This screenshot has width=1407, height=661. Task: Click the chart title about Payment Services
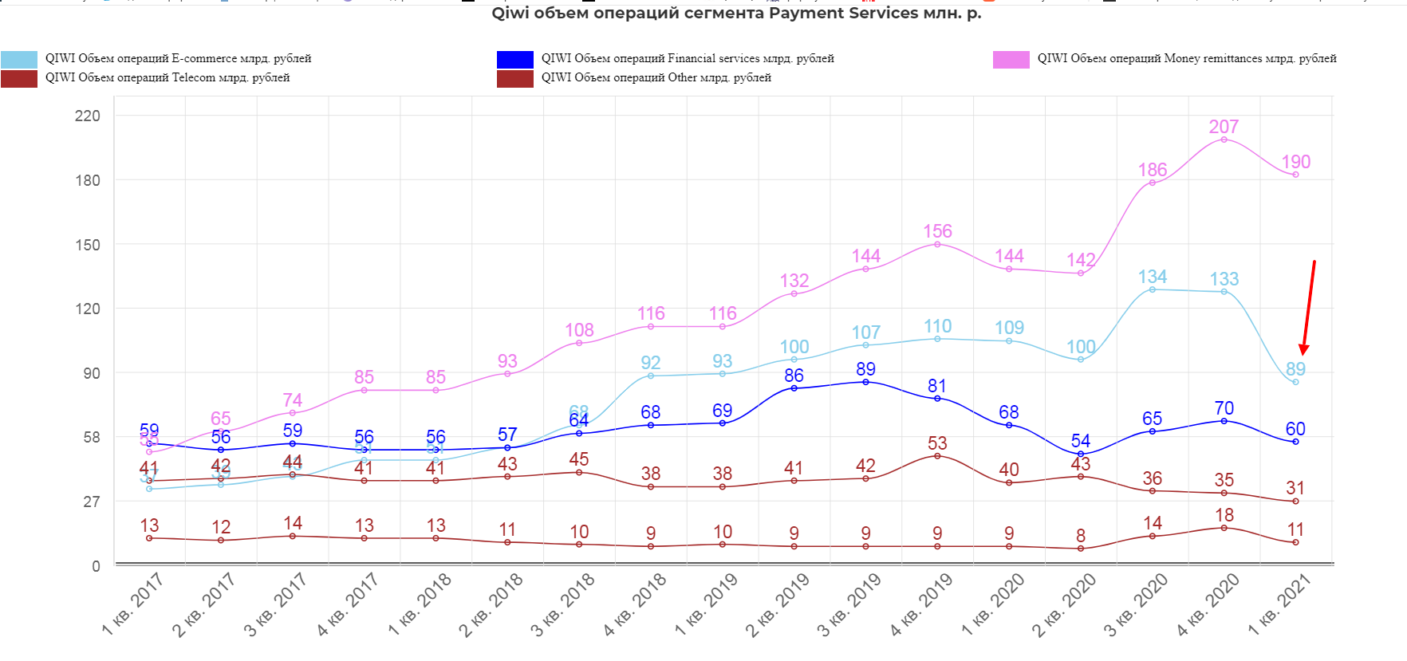tap(736, 14)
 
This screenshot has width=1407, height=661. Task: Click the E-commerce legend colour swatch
tap(19, 59)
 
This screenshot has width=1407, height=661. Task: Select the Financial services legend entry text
tap(688, 58)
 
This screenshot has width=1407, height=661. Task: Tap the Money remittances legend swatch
tap(1011, 59)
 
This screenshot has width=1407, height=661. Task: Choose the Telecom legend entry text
tap(167, 77)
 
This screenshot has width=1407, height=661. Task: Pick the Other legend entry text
tap(656, 77)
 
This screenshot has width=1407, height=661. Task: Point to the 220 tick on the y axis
tap(88, 116)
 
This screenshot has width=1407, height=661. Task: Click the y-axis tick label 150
tap(88, 245)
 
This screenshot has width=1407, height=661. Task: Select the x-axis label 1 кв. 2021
tap(1279, 604)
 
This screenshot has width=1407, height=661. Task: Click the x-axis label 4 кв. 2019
tap(921, 604)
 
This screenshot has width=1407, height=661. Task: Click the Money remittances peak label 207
tap(1224, 127)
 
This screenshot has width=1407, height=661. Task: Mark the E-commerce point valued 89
tap(1295, 382)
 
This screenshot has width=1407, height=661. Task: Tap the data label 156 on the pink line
tap(937, 231)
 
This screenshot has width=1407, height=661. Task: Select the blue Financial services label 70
tap(1224, 408)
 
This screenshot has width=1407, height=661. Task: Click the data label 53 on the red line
tap(937, 443)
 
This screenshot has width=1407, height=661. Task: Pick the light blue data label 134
tap(1152, 277)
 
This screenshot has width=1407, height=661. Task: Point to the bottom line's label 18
tap(1224, 515)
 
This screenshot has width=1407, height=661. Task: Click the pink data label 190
tap(1295, 162)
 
